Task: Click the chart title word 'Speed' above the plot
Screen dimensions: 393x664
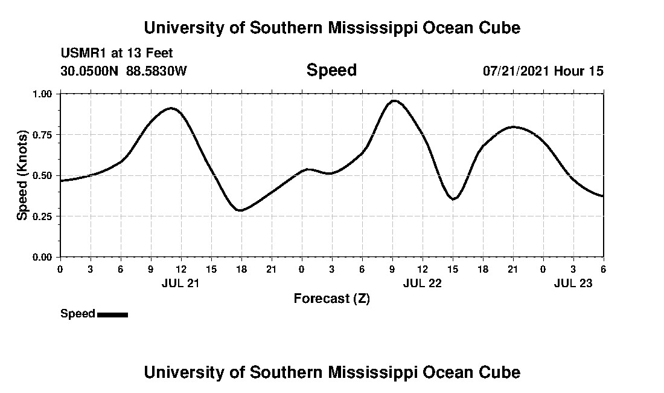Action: (x=331, y=70)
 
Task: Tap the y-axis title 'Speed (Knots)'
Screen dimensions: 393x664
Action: (x=22, y=175)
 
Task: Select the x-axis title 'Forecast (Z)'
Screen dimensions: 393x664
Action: (x=331, y=298)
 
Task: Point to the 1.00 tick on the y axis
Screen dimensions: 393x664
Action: (x=43, y=94)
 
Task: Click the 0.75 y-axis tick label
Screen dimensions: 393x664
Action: (x=43, y=135)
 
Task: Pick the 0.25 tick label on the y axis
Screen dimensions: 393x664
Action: (x=43, y=216)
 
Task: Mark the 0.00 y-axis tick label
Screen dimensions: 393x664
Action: (x=43, y=257)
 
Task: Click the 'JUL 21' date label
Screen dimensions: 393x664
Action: (x=180, y=283)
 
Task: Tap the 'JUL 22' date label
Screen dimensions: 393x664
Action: (x=422, y=283)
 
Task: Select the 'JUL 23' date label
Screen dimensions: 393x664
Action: (x=573, y=283)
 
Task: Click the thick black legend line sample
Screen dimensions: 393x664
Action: (x=112, y=314)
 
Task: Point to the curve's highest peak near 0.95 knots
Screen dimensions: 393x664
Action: (x=394, y=101)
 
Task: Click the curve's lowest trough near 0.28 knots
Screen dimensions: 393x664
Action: (x=240, y=210)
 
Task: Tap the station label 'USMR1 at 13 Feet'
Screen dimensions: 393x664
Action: (x=117, y=54)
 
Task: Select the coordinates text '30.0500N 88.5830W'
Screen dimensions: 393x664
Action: (x=124, y=71)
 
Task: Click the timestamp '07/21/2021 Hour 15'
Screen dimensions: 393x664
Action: (x=543, y=71)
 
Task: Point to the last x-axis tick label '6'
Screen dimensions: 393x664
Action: (x=603, y=269)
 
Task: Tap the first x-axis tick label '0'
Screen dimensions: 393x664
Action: (x=60, y=269)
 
